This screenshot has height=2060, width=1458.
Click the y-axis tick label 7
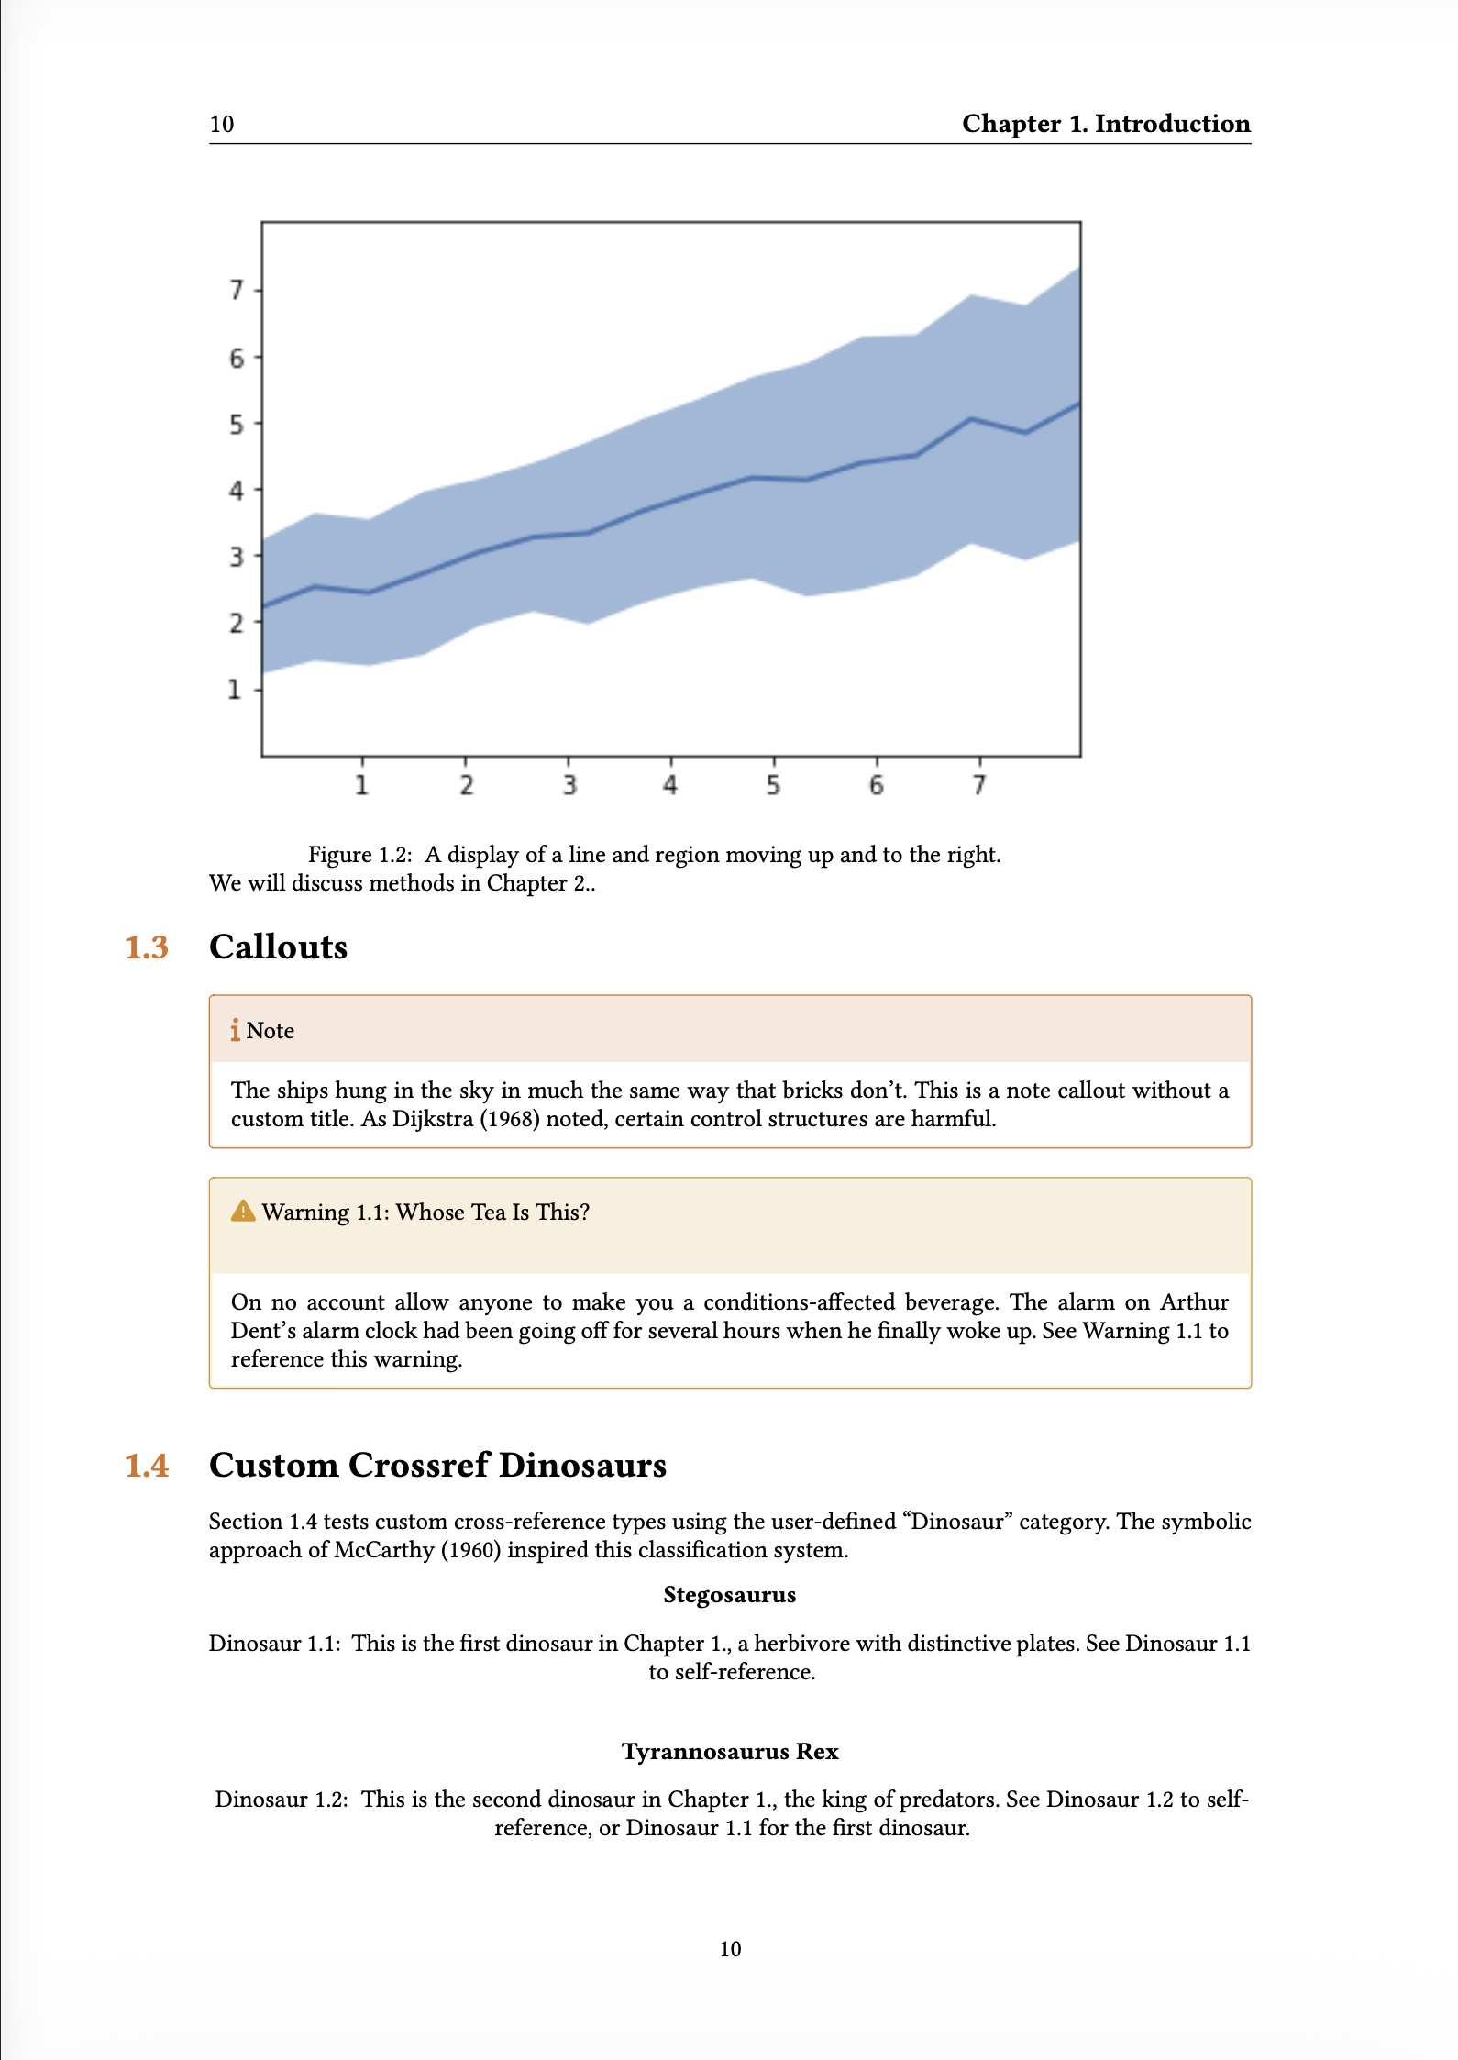click(237, 290)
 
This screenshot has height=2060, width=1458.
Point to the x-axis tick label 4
click(670, 785)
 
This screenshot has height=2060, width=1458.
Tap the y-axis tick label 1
click(236, 689)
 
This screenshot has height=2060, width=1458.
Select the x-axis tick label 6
click(876, 785)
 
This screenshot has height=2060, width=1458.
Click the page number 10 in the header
click(222, 125)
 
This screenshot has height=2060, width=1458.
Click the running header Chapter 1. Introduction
click(1106, 124)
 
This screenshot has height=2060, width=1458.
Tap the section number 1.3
click(147, 947)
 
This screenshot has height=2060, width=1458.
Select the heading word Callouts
click(279, 947)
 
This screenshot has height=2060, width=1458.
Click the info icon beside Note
click(236, 1030)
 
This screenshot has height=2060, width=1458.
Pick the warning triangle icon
click(243, 1212)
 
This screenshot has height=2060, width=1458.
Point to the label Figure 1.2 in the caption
click(359, 855)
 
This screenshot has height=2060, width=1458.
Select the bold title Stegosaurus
click(729, 1595)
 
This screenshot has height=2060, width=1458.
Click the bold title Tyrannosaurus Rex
click(730, 1752)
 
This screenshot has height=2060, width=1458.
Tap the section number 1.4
click(147, 1466)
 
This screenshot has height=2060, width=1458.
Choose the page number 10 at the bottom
click(730, 1949)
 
